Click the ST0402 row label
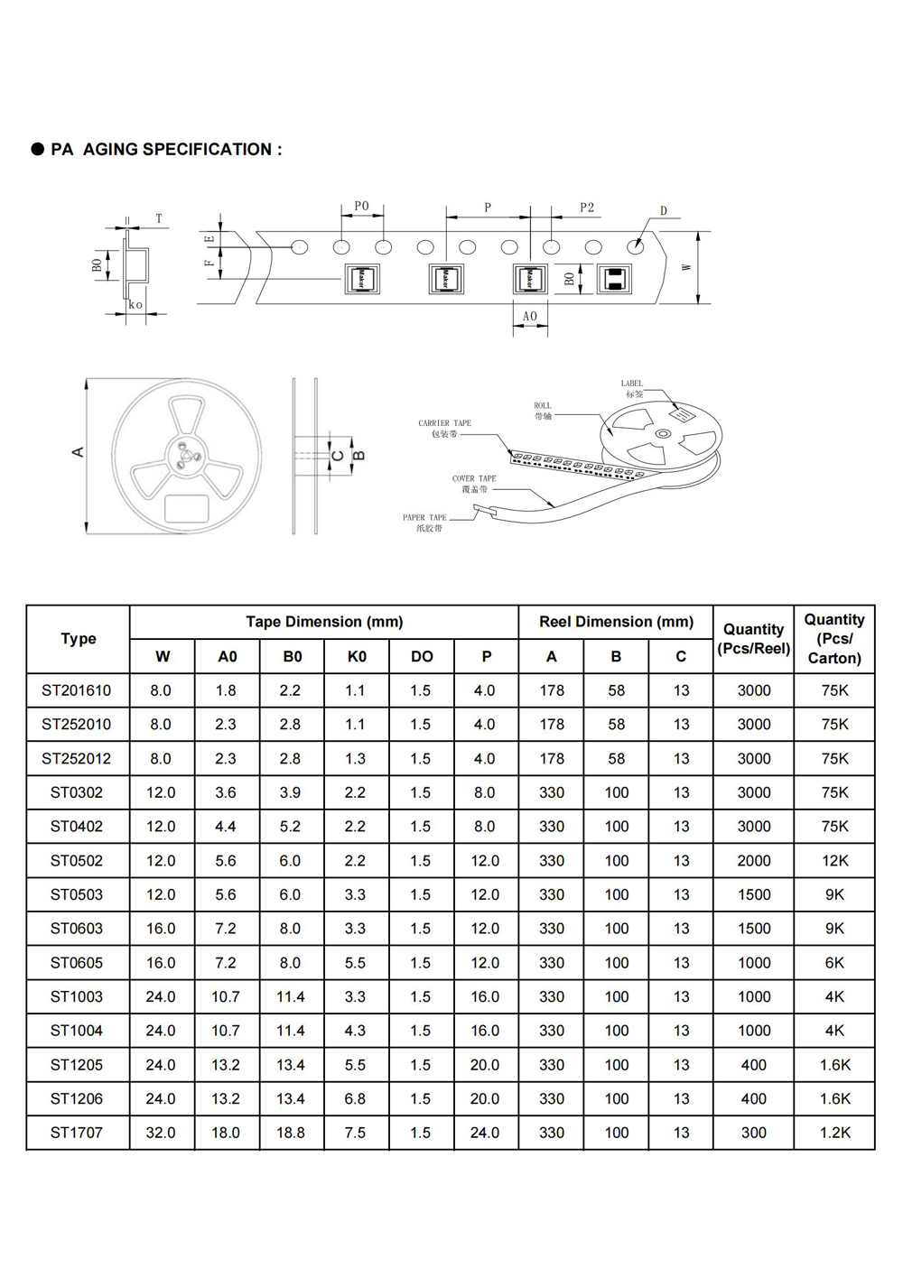[x=77, y=827]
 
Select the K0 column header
[x=357, y=656]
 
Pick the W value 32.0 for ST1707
[x=161, y=1133]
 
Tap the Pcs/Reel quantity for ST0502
[x=753, y=861]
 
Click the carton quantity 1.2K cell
[x=834, y=1133]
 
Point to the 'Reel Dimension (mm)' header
[x=616, y=622]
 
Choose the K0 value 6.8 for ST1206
[x=355, y=1098]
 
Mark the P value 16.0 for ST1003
[x=485, y=996]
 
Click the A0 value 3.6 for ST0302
[x=226, y=792]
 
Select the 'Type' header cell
[x=79, y=639]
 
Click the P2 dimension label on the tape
[x=587, y=208]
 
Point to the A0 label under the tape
[x=530, y=317]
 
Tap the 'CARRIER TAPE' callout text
[x=444, y=423]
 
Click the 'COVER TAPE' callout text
[x=474, y=478]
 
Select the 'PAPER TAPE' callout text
[x=424, y=518]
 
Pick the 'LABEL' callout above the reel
[x=632, y=384]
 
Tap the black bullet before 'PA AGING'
[x=38, y=150]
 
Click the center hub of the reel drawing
[x=187, y=455]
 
